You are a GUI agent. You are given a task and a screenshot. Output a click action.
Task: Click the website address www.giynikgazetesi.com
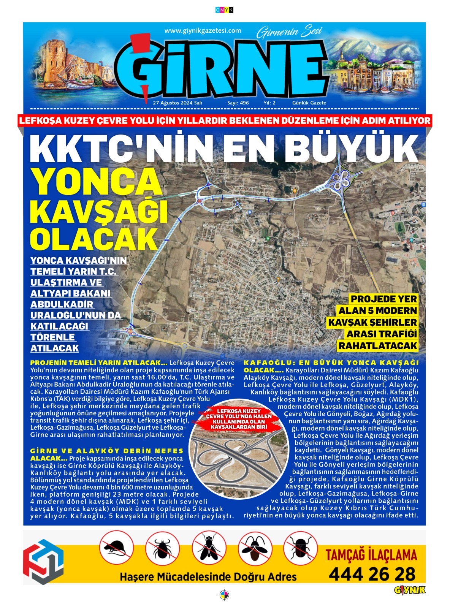[x=203, y=31]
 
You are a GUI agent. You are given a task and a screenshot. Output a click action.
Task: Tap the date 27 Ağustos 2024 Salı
[x=177, y=103]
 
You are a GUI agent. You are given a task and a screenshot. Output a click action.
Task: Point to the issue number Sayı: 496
[x=238, y=103]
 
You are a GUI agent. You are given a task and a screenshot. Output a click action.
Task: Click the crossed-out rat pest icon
[x=117, y=548]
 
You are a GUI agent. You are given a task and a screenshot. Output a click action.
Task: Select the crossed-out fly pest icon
[x=209, y=548]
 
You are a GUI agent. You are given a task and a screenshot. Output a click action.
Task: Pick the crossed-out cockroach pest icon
[x=255, y=548]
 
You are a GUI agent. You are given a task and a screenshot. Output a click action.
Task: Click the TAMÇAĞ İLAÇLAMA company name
[x=371, y=555]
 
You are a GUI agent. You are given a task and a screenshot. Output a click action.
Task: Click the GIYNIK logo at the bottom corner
[x=409, y=590]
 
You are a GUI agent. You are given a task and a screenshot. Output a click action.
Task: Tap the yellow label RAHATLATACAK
[x=377, y=346]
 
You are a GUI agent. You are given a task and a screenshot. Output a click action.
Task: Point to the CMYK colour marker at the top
[x=224, y=10]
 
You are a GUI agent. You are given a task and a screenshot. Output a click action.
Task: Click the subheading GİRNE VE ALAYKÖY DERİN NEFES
[x=106, y=451]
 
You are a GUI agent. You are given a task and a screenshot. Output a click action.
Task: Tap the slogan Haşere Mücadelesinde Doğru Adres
[x=208, y=576]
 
